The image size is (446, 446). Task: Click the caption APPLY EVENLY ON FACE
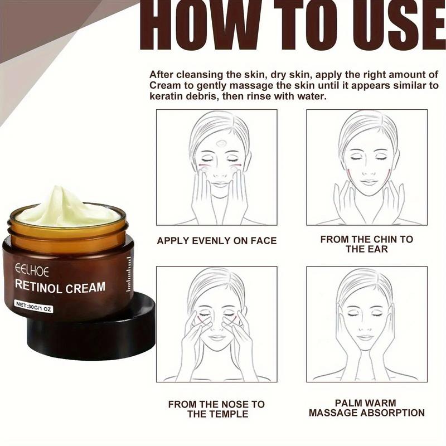(x=216, y=241)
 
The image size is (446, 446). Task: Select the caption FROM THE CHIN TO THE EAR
(x=366, y=244)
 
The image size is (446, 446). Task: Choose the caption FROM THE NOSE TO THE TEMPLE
(x=216, y=409)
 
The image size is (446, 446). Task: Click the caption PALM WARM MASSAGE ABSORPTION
(x=366, y=408)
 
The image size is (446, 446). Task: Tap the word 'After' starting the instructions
(x=161, y=74)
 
